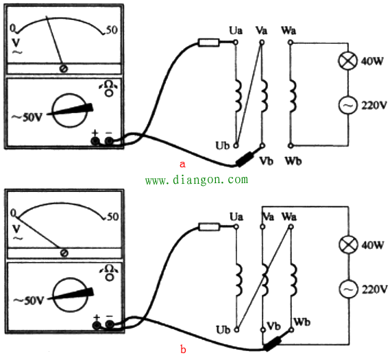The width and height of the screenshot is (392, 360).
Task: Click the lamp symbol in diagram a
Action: point(347,61)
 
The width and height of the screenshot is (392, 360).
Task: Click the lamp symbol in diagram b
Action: point(348,245)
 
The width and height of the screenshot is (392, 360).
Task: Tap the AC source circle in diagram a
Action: point(347,105)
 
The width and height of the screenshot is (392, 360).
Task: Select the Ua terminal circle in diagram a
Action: point(236,43)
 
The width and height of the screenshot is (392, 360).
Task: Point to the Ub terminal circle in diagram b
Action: point(236,330)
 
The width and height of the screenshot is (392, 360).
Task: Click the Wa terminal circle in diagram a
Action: point(290,43)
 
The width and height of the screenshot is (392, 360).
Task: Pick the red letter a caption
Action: point(183,165)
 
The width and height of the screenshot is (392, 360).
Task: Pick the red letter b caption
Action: point(183,349)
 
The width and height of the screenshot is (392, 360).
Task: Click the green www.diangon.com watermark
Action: point(197,180)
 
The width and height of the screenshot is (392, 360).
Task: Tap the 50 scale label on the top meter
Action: point(112,30)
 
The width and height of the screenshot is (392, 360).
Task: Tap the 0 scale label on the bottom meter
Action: point(13,213)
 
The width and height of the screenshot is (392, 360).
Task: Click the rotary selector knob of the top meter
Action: point(70,110)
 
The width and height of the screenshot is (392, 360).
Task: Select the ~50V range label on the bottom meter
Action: point(29,300)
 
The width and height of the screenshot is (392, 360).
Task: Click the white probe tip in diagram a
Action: point(209,43)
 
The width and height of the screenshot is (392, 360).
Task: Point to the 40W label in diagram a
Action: point(372,61)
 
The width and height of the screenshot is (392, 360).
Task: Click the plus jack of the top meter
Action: point(95,141)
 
